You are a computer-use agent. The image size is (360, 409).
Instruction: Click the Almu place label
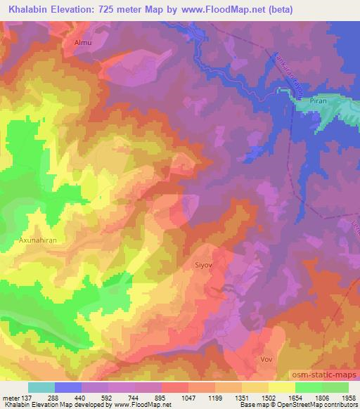(x=83, y=43)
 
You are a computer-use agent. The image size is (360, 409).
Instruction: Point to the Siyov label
(x=203, y=266)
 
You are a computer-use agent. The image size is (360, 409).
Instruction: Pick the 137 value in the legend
(x=27, y=397)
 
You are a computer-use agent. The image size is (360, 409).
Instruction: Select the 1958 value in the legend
(x=349, y=397)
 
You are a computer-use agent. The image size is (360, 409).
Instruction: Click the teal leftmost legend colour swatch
(x=41, y=387)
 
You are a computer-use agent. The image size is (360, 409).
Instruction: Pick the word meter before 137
(x=10, y=397)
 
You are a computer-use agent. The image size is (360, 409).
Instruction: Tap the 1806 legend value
(x=322, y=397)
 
